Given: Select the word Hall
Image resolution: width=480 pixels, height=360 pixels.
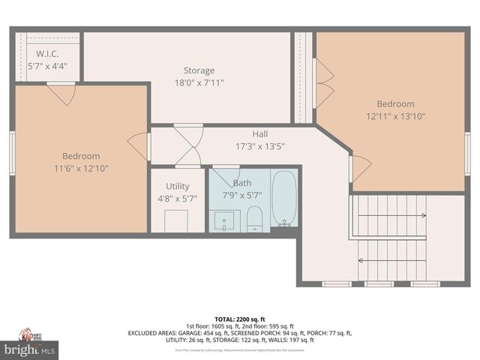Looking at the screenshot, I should click(x=260, y=134).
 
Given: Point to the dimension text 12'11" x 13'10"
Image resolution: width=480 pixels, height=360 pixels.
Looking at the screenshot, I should click(x=395, y=116).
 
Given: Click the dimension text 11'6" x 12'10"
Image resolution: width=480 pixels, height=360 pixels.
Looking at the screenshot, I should click(x=81, y=169).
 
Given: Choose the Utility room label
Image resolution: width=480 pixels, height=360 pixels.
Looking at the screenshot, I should click(x=178, y=186).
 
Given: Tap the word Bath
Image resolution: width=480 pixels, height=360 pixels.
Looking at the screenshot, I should click(x=242, y=183).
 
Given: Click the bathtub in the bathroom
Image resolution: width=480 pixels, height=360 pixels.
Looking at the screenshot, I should click(x=284, y=199).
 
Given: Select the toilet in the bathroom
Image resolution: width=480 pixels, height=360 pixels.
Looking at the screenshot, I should click(x=255, y=218).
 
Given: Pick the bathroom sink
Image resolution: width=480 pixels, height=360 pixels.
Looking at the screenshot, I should click(x=225, y=220).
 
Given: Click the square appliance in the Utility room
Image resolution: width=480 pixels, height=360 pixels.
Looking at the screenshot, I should click(x=176, y=220).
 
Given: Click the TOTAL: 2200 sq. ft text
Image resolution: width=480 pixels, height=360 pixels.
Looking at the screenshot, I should click(x=240, y=319).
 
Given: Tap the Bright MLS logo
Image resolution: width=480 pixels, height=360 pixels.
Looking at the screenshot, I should click(x=30, y=349).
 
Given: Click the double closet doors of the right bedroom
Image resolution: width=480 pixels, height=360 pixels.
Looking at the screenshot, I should click(x=324, y=82).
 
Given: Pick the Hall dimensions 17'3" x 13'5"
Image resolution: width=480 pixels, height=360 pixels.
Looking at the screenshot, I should click(x=260, y=146).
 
